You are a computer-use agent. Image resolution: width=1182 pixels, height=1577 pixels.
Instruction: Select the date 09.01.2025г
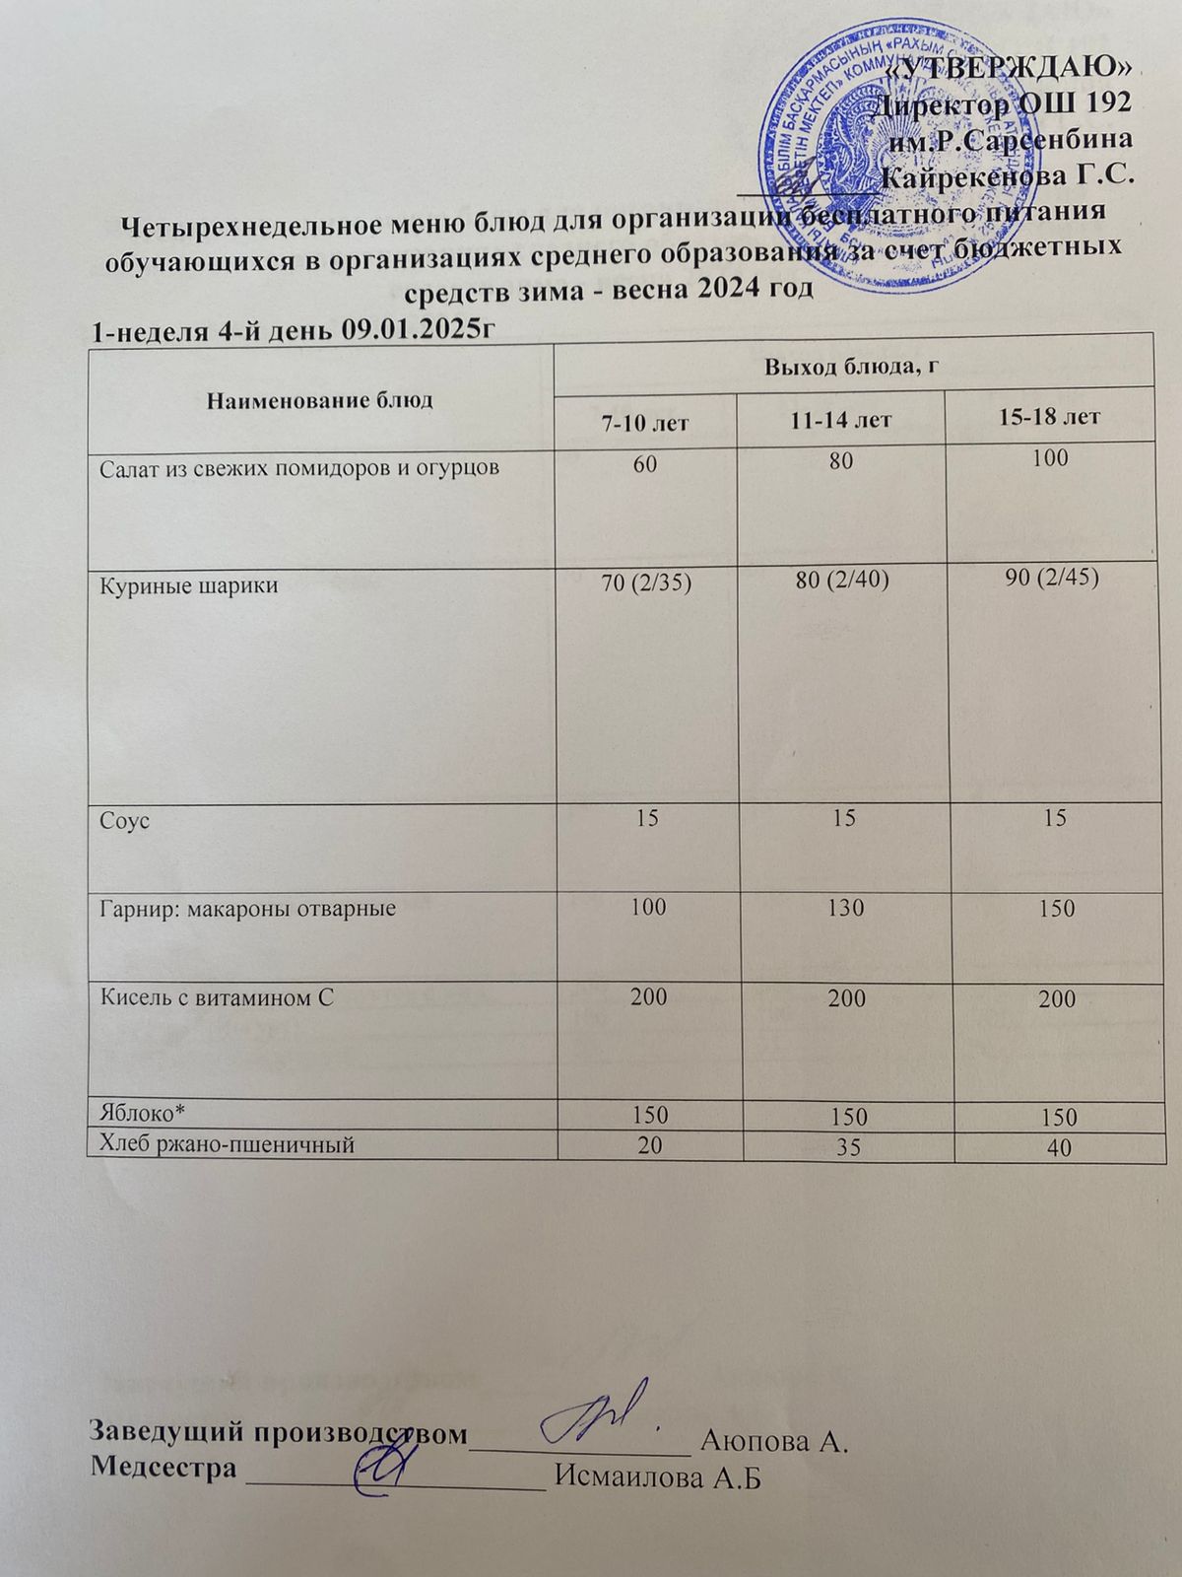414,330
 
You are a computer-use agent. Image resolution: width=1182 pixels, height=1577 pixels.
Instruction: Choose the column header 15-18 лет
1049,417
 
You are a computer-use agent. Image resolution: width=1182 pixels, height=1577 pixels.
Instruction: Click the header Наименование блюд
320,400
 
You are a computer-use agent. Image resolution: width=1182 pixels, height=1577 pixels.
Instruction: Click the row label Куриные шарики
189,586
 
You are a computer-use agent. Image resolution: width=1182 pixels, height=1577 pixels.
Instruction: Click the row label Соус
124,820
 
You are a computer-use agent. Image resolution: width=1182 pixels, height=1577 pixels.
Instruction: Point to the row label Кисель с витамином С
218,997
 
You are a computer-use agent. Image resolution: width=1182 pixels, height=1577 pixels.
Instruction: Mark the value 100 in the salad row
1051,458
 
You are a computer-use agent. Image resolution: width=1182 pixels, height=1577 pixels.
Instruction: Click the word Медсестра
164,1467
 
